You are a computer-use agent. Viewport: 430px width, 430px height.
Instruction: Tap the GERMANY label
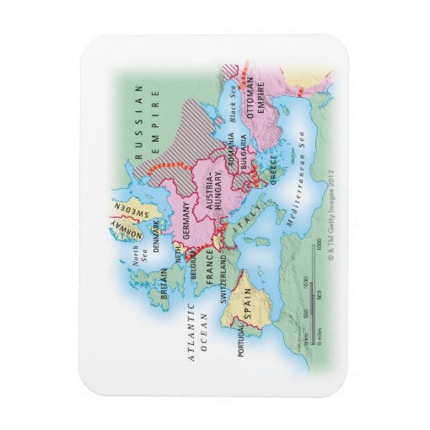pos(191,224)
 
